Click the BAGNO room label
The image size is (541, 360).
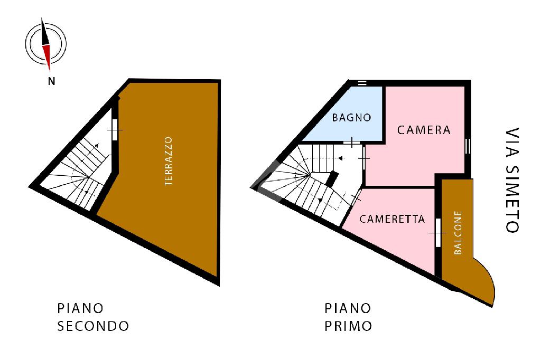pos(351,117)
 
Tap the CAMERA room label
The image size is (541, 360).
pos(424,130)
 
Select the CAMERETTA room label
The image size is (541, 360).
pos(392,219)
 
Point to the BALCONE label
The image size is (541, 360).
pos(458,233)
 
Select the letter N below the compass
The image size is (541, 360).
pos(51,81)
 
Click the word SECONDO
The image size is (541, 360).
pos(93,326)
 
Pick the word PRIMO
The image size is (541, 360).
pos(348,326)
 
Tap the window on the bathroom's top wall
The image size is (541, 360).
pos(362,83)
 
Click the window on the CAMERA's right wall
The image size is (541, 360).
pos(467,145)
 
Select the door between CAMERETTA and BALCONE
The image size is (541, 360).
pos(437,232)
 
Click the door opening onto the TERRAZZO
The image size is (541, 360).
pos(115,130)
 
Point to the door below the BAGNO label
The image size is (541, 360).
pos(352,142)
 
